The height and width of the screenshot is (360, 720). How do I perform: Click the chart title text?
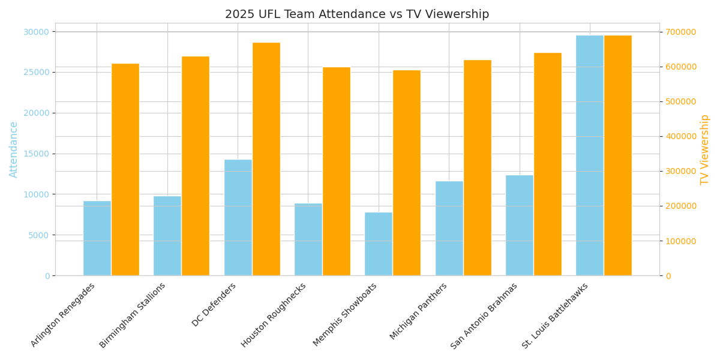(357, 14)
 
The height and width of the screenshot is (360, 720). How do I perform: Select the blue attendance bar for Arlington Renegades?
(97, 238)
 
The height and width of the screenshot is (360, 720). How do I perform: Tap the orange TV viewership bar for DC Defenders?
(266, 159)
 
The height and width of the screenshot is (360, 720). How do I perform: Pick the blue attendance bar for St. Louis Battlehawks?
(590, 155)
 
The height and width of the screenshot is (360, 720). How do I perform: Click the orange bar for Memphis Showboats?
(407, 173)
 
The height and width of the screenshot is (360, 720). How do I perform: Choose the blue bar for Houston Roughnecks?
(308, 239)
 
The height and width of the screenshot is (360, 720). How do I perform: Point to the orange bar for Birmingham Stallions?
(196, 166)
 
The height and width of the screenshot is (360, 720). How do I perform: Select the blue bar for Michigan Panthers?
(449, 228)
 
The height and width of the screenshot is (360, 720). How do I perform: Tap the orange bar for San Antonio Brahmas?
(548, 164)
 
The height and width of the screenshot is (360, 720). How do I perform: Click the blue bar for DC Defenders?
(238, 217)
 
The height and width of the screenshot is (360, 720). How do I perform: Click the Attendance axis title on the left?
(14, 149)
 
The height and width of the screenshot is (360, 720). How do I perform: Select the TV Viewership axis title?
(705, 149)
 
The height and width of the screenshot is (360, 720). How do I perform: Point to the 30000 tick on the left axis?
(38, 32)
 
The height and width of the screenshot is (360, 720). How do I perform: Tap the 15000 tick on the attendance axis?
(38, 154)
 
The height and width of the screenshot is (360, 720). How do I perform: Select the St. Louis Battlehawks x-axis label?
(556, 316)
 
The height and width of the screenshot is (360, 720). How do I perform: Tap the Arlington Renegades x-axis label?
(64, 314)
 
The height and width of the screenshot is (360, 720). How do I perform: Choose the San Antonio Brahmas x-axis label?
(485, 316)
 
